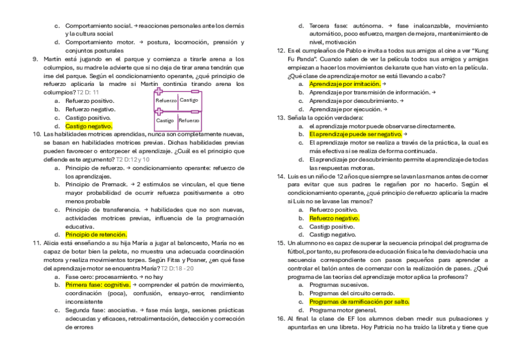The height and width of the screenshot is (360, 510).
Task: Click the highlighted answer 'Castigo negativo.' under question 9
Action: (88, 127)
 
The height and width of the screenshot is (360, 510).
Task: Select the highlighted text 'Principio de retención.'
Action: (96, 234)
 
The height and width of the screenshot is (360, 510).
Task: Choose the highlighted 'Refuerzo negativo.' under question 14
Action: (334, 219)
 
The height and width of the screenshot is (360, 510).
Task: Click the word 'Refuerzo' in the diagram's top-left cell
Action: (166, 101)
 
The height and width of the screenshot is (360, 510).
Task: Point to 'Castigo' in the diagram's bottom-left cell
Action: (165, 121)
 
